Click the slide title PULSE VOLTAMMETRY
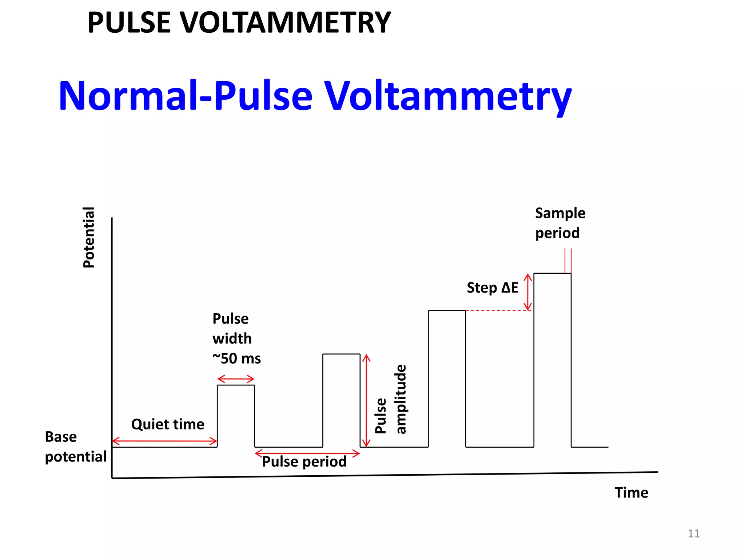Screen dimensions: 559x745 tap(239, 23)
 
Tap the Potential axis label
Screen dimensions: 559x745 tap(89, 237)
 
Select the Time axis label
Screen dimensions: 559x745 tap(631, 493)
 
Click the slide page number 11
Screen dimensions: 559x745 tap(693, 534)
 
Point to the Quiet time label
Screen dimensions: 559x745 tap(168, 424)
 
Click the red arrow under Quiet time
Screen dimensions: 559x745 tap(164, 441)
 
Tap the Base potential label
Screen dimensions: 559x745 tap(75, 447)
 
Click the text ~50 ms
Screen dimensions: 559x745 tap(236, 359)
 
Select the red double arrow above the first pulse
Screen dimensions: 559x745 tap(236, 379)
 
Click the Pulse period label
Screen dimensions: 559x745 tap(304, 462)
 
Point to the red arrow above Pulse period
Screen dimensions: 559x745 tap(307, 453)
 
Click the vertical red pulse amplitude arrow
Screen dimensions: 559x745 tap(366, 400)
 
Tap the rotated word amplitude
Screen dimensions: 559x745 tap(401, 399)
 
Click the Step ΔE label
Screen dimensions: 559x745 tap(492, 288)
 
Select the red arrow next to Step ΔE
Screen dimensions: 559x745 tap(527, 292)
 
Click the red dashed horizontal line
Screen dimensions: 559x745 tap(498, 310)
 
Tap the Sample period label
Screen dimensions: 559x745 tap(560, 223)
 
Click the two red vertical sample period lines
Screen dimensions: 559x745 tap(568, 261)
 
